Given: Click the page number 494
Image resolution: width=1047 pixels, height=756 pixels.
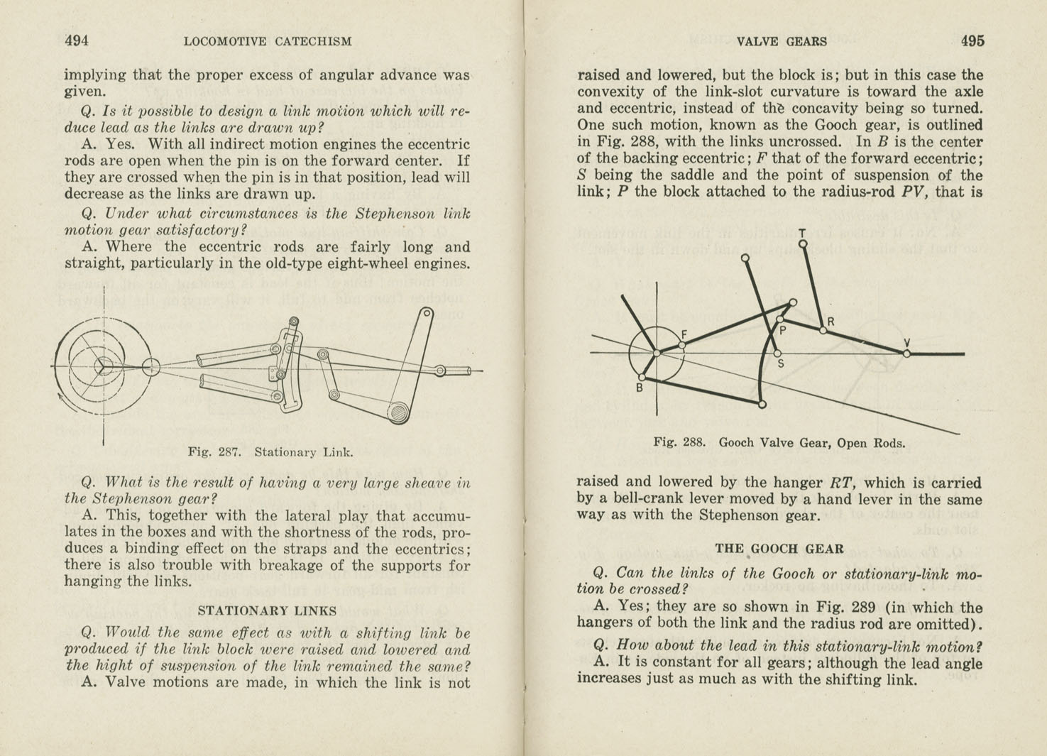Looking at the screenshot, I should click(x=77, y=41).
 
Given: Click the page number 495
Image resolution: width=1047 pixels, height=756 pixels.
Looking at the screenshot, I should click(x=972, y=41).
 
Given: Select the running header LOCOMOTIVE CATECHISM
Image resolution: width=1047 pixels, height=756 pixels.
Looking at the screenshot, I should click(x=268, y=42).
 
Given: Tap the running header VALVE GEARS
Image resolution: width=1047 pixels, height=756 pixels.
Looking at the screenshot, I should click(x=782, y=42).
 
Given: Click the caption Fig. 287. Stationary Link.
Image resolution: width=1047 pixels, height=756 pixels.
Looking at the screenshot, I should click(x=270, y=452).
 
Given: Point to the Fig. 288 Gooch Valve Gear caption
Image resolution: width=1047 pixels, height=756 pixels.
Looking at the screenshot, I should click(x=779, y=443).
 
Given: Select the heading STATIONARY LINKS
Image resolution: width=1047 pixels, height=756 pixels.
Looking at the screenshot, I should click(x=267, y=610).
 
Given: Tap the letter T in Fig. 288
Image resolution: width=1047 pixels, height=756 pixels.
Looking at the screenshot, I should click(x=802, y=233).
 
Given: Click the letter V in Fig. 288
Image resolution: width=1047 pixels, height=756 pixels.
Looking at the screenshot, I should click(x=906, y=344).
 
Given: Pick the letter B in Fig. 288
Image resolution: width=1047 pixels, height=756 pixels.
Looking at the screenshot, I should click(x=639, y=388).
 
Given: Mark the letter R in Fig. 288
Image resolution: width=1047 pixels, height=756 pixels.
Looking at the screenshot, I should click(x=831, y=322).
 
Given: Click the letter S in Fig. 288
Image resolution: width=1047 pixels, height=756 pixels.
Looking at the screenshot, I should click(x=781, y=364).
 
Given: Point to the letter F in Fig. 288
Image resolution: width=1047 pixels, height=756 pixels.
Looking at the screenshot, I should click(x=684, y=334).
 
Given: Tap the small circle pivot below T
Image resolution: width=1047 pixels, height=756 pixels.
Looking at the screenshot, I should click(x=803, y=244).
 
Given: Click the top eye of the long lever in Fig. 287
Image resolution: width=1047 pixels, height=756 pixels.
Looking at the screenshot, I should click(x=427, y=314).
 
